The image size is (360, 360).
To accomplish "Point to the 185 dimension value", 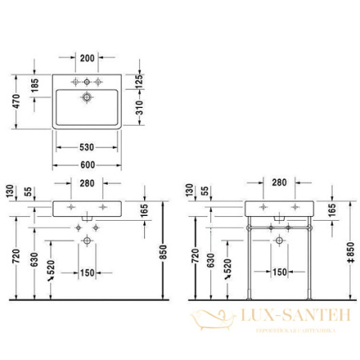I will tap(34, 85).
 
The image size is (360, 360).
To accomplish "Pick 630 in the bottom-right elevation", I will tap(210, 261).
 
